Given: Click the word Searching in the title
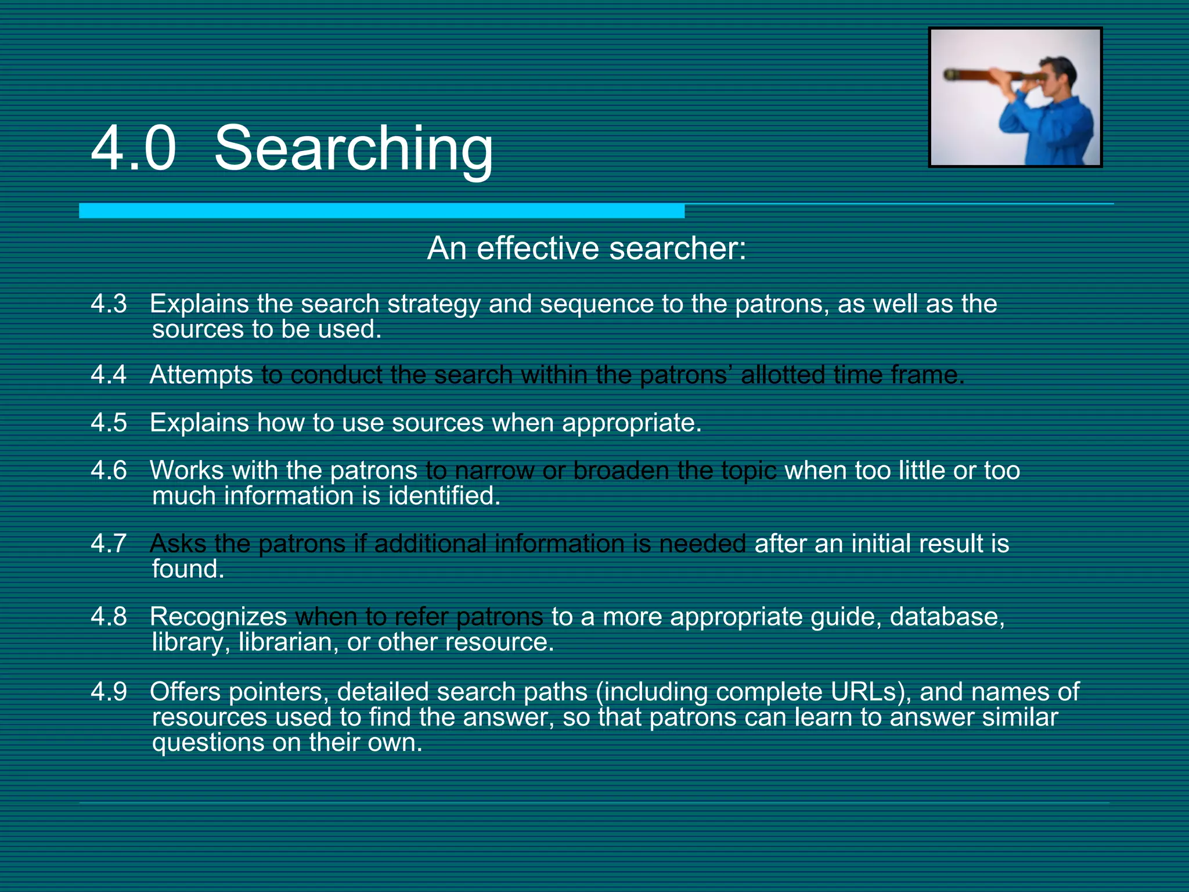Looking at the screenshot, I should tap(354, 149).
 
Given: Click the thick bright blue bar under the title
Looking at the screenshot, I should tap(381, 211).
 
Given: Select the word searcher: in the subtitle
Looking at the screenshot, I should tap(678, 249).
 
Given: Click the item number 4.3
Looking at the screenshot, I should tap(109, 304).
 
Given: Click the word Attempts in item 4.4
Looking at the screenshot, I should tap(201, 375).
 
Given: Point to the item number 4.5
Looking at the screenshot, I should tap(109, 423).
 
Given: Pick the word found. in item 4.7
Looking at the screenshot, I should tap(188, 569).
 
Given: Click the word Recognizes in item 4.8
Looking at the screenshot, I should tap(218, 617).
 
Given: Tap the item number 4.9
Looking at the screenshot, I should tap(109, 692).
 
